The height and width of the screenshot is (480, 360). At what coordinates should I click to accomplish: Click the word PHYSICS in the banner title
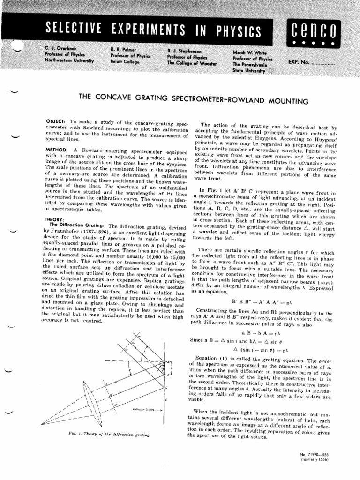[x=233, y=30]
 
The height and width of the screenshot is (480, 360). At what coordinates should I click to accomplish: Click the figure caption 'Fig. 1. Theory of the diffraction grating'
[x=109, y=434]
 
